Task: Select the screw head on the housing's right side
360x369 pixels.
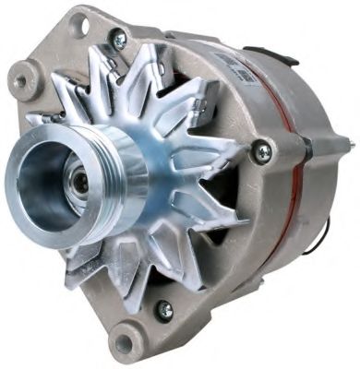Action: (265, 150)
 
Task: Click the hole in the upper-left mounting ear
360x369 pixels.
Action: (20, 80)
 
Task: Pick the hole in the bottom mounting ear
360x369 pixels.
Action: (124, 344)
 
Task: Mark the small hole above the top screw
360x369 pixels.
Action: (80, 24)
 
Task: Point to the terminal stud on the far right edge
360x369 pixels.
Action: (348, 144)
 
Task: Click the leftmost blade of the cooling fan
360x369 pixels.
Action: (42, 120)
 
